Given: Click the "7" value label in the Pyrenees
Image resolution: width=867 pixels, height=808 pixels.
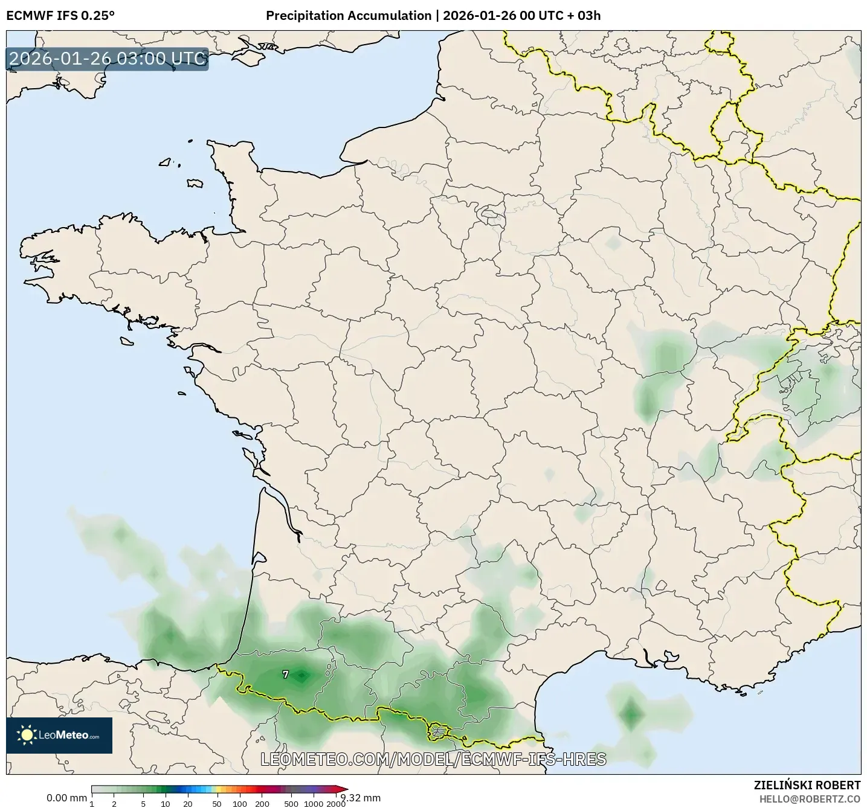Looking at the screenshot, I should click(286, 675).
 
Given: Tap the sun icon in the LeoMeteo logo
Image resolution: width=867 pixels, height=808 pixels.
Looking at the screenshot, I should click(27, 735).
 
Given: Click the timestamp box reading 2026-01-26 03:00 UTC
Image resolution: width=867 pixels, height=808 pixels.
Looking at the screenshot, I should click(108, 59).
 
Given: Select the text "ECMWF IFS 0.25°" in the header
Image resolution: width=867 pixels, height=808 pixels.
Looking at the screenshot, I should click(60, 16).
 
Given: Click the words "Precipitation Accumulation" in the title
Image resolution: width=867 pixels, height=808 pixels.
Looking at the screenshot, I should click(349, 16).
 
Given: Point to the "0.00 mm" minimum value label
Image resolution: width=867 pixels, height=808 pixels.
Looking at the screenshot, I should click(66, 798).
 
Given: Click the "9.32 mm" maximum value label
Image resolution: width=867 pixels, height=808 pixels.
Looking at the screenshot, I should click(361, 798).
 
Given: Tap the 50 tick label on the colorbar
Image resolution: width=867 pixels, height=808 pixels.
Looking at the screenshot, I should click(217, 804).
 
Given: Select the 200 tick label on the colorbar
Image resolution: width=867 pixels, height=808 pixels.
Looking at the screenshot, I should click(262, 804).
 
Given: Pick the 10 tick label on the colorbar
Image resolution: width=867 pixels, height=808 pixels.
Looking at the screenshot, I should click(166, 804).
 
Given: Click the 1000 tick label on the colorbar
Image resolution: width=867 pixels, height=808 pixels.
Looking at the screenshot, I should click(314, 804).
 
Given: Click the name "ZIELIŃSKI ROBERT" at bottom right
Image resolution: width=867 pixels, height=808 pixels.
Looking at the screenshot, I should click(807, 785).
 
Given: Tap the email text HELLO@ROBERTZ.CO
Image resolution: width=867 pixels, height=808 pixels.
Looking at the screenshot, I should click(810, 798).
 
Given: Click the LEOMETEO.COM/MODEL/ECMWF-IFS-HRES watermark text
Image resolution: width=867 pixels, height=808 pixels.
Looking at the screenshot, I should click(433, 759).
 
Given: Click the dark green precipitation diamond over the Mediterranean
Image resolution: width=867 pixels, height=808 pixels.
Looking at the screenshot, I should click(631, 714).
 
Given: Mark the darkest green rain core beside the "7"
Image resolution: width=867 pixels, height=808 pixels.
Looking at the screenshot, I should click(301, 676).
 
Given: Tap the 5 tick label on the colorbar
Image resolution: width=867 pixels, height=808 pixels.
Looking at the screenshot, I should click(143, 804).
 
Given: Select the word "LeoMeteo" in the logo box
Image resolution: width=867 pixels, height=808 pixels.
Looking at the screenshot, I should click(63, 735).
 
